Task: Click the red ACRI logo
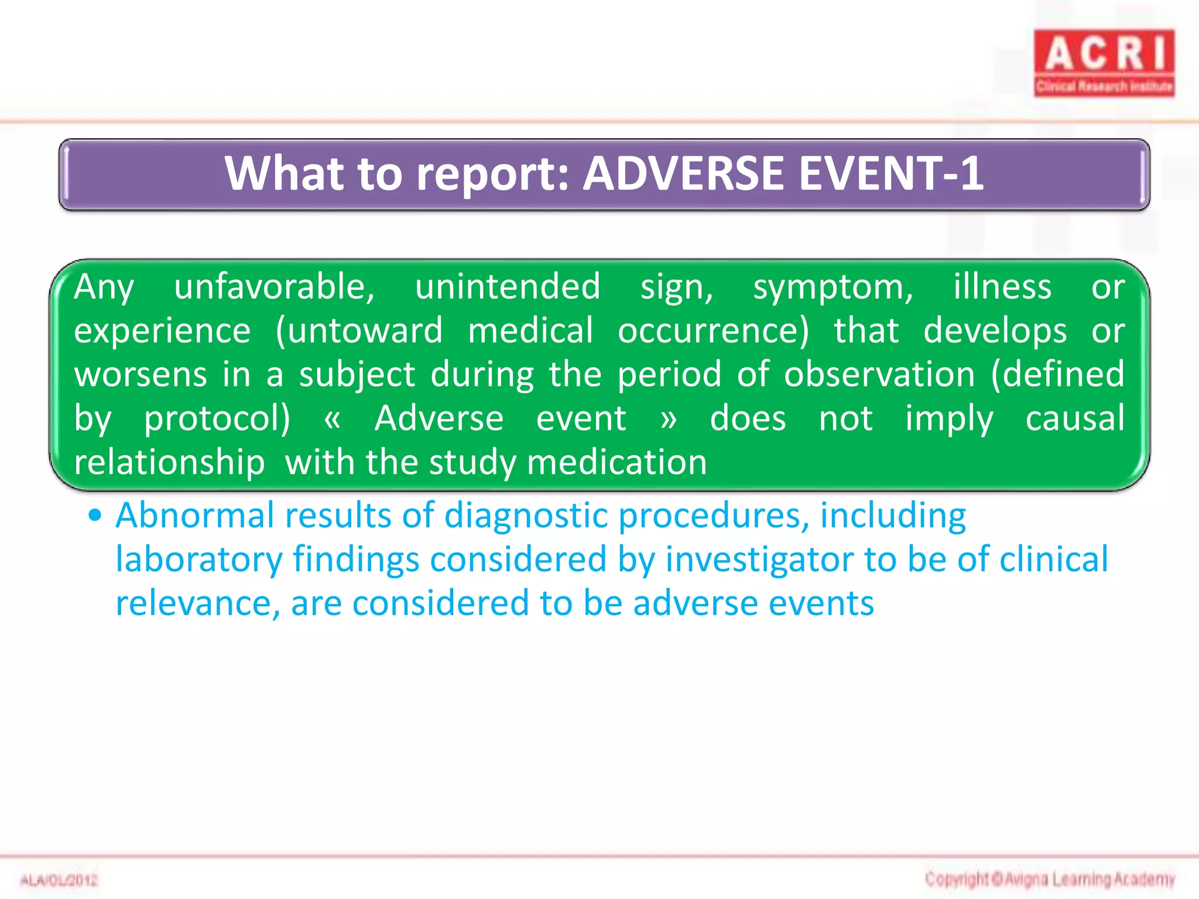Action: coord(1104,63)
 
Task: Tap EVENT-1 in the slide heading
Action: coord(890,174)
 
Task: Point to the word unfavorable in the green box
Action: coord(274,287)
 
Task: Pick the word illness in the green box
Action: coord(1002,287)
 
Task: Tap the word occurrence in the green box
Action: coord(712,331)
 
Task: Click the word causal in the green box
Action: coord(1074,418)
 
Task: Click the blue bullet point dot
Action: coord(95,516)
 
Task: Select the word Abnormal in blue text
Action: coord(194,516)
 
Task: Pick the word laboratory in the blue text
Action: coord(198,560)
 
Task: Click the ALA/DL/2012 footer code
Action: coord(59,880)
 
